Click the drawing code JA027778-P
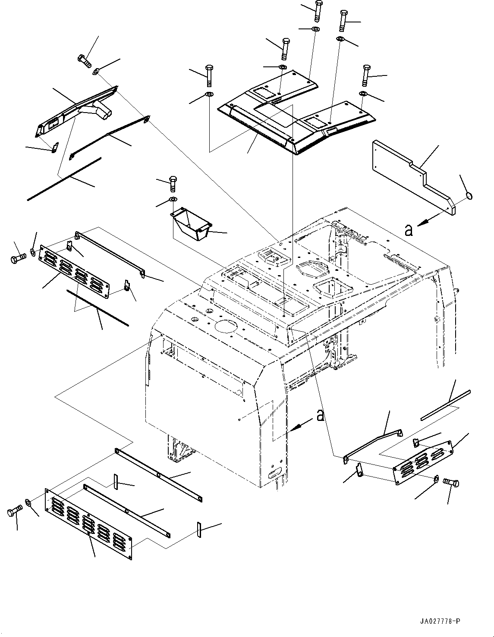[x=439, y=621]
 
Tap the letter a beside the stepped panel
[x=409, y=230]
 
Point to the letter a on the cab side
[x=320, y=415]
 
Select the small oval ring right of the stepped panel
[x=469, y=197]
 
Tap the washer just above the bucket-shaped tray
[x=173, y=199]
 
